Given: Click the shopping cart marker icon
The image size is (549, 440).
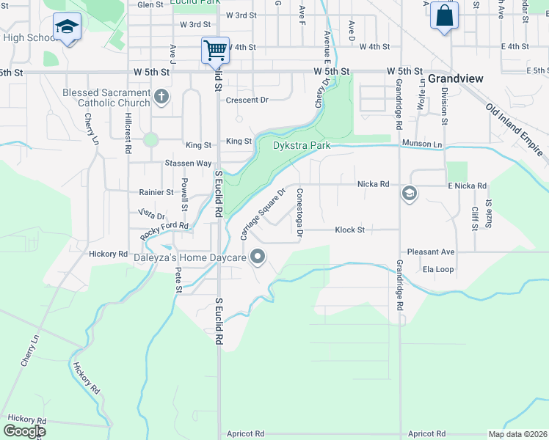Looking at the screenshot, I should (215, 51).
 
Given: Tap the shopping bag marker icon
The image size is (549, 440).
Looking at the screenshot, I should (444, 15).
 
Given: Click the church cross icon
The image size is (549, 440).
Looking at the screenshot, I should (161, 96).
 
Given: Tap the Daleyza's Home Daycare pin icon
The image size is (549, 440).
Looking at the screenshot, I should (258, 257).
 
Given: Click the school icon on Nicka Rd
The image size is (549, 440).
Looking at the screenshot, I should (409, 194).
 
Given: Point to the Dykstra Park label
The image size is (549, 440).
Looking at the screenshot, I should (302, 146).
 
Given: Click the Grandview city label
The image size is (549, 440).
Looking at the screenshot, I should (454, 78).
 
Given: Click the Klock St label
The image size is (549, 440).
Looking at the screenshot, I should (349, 230).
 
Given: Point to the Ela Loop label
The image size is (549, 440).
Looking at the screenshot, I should (438, 269).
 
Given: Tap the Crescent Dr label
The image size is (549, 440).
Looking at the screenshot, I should (247, 100).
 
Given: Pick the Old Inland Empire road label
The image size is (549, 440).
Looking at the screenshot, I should (516, 129).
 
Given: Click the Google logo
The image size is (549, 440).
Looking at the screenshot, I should (24, 431).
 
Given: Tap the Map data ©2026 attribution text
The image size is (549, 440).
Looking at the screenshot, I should (517, 433).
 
